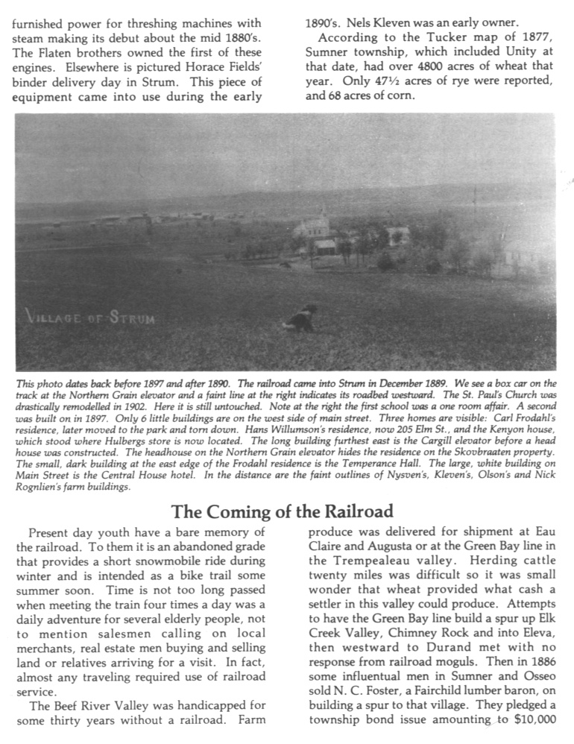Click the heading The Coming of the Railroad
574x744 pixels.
[x=283, y=512]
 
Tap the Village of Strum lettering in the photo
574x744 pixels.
[x=91, y=318]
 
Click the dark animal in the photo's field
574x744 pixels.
[x=301, y=318]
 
